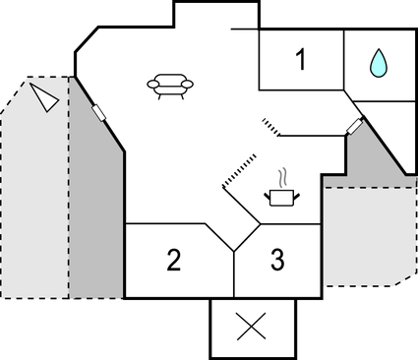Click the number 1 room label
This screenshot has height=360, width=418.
[x=301, y=61]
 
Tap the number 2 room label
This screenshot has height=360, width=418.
[x=173, y=261]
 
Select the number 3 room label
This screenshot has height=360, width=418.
[x=277, y=261]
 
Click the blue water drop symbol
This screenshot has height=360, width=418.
[x=378, y=64]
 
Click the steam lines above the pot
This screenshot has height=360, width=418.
[x=282, y=177]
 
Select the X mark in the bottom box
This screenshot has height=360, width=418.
[x=254, y=328]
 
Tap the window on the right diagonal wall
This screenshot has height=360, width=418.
[x=355, y=126]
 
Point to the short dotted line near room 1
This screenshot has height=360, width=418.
[x=271, y=127]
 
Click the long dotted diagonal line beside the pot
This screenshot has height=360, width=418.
[x=239, y=169]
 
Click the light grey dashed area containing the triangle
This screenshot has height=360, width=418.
[x=34, y=197]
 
